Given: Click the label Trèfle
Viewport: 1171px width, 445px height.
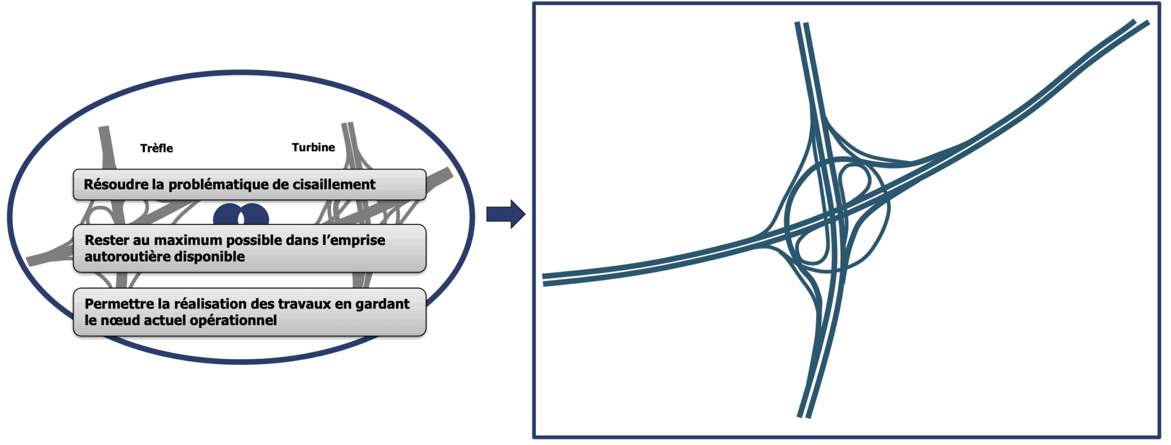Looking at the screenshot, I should click(156, 149).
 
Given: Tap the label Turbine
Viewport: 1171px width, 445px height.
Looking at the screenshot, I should click(313, 147).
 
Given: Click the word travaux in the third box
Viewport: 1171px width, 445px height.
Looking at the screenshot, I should click(305, 304).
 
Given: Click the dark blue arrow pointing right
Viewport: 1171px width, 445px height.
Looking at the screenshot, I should click(505, 214).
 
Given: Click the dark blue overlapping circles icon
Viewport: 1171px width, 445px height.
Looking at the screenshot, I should click(241, 217).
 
